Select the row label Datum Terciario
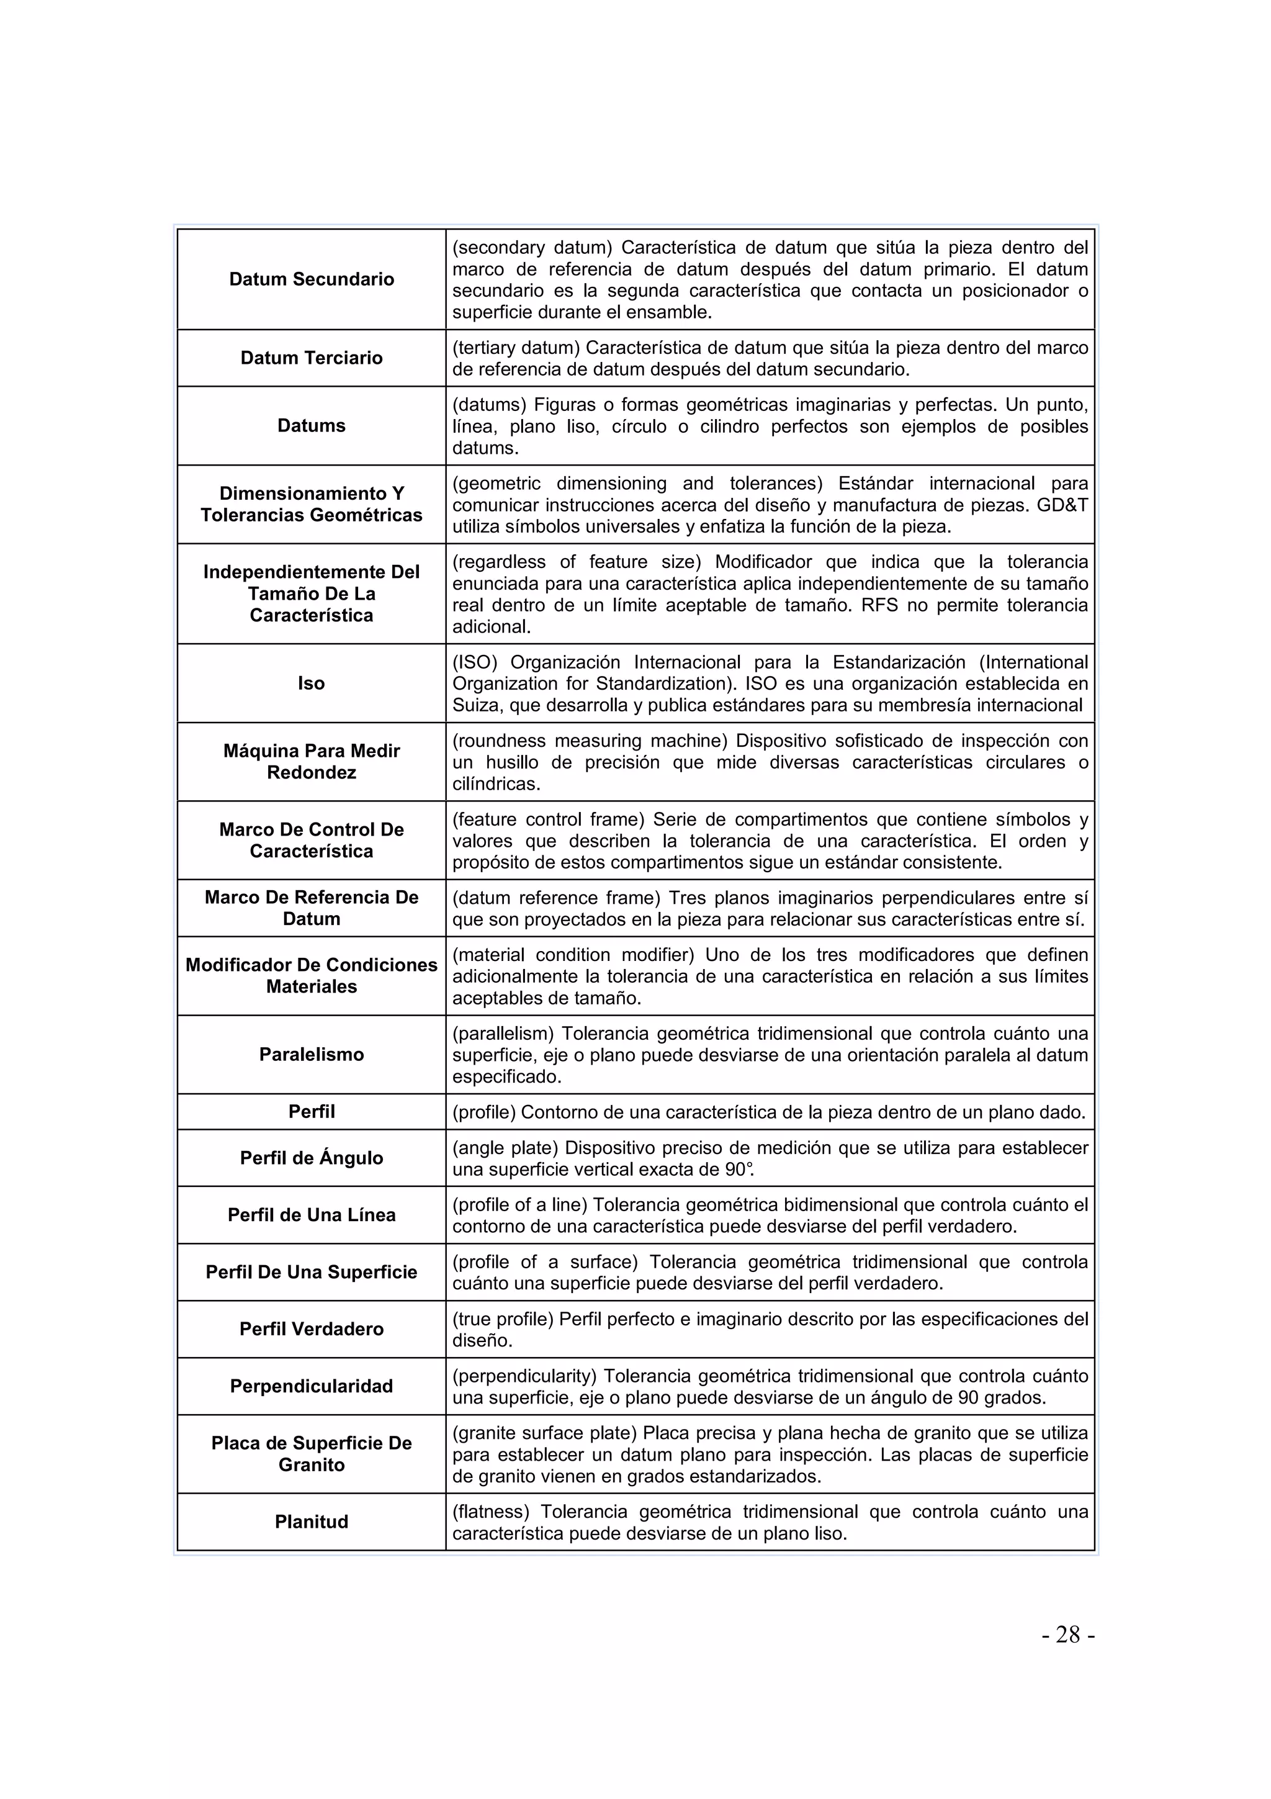tap(311, 358)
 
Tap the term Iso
tap(311, 683)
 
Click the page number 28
tap(1067, 1634)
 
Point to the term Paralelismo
tap(311, 1055)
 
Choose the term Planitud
tap(311, 1522)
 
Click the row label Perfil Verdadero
tap(311, 1329)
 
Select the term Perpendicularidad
tap(311, 1386)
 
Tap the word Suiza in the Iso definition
tap(476, 705)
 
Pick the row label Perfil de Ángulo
tap(311, 1158)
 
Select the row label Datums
tap(311, 425)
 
